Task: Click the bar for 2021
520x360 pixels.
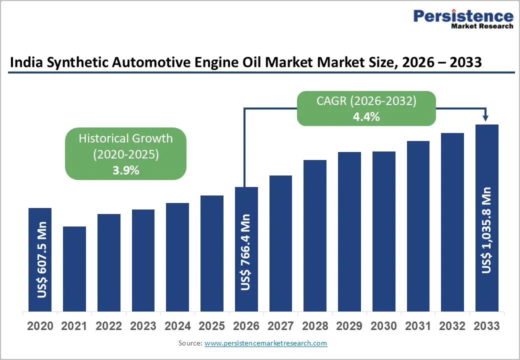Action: pos(74,268)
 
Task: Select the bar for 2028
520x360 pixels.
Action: pos(315,235)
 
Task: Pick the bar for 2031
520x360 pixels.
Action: pos(418,225)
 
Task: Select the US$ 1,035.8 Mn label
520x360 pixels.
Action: pos(486,230)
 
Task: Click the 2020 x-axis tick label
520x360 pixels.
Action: pos(40,326)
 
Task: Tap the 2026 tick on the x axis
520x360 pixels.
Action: pos(246,326)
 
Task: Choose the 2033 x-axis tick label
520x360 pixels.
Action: pos(486,326)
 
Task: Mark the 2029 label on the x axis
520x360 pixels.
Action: pos(349,326)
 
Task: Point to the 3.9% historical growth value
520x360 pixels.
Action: pos(125,170)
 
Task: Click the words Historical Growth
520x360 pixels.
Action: pos(125,138)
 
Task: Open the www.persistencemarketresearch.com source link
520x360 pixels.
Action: pos(265,343)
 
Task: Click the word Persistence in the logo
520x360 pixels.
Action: pos(463,16)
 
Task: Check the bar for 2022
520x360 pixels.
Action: pos(109,262)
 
